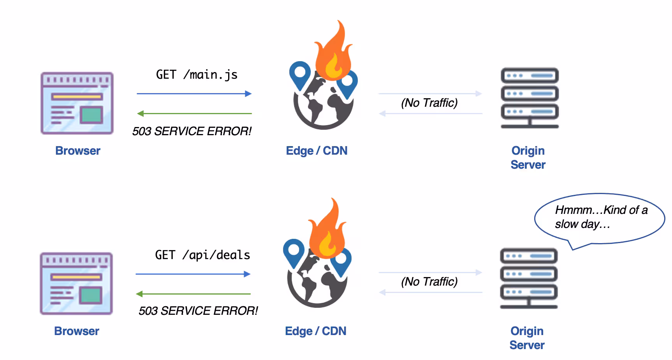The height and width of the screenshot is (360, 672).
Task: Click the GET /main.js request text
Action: coord(197,74)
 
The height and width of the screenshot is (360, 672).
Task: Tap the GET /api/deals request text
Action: coord(202,255)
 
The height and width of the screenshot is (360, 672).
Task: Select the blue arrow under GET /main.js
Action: coord(194,94)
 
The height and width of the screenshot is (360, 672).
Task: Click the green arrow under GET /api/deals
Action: coord(193,294)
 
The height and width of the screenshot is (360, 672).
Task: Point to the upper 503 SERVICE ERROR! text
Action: coord(192,131)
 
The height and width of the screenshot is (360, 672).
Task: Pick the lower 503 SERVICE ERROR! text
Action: coord(198,311)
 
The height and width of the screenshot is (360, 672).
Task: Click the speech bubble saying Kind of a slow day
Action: coord(600,218)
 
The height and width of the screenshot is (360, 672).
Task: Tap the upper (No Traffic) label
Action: coord(429,103)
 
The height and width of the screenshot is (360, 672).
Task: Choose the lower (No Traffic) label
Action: coord(429,282)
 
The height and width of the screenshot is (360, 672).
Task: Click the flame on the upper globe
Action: coord(333,53)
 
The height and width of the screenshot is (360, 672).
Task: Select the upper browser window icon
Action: coord(77,103)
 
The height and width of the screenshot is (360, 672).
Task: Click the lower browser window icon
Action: coord(76,283)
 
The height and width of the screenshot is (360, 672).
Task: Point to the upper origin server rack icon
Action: coord(530,98)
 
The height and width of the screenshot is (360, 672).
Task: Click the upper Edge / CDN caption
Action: coord(317,151)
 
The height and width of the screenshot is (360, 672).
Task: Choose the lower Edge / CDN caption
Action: coord(316,331)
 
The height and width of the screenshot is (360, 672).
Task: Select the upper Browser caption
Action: coord(78,151)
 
